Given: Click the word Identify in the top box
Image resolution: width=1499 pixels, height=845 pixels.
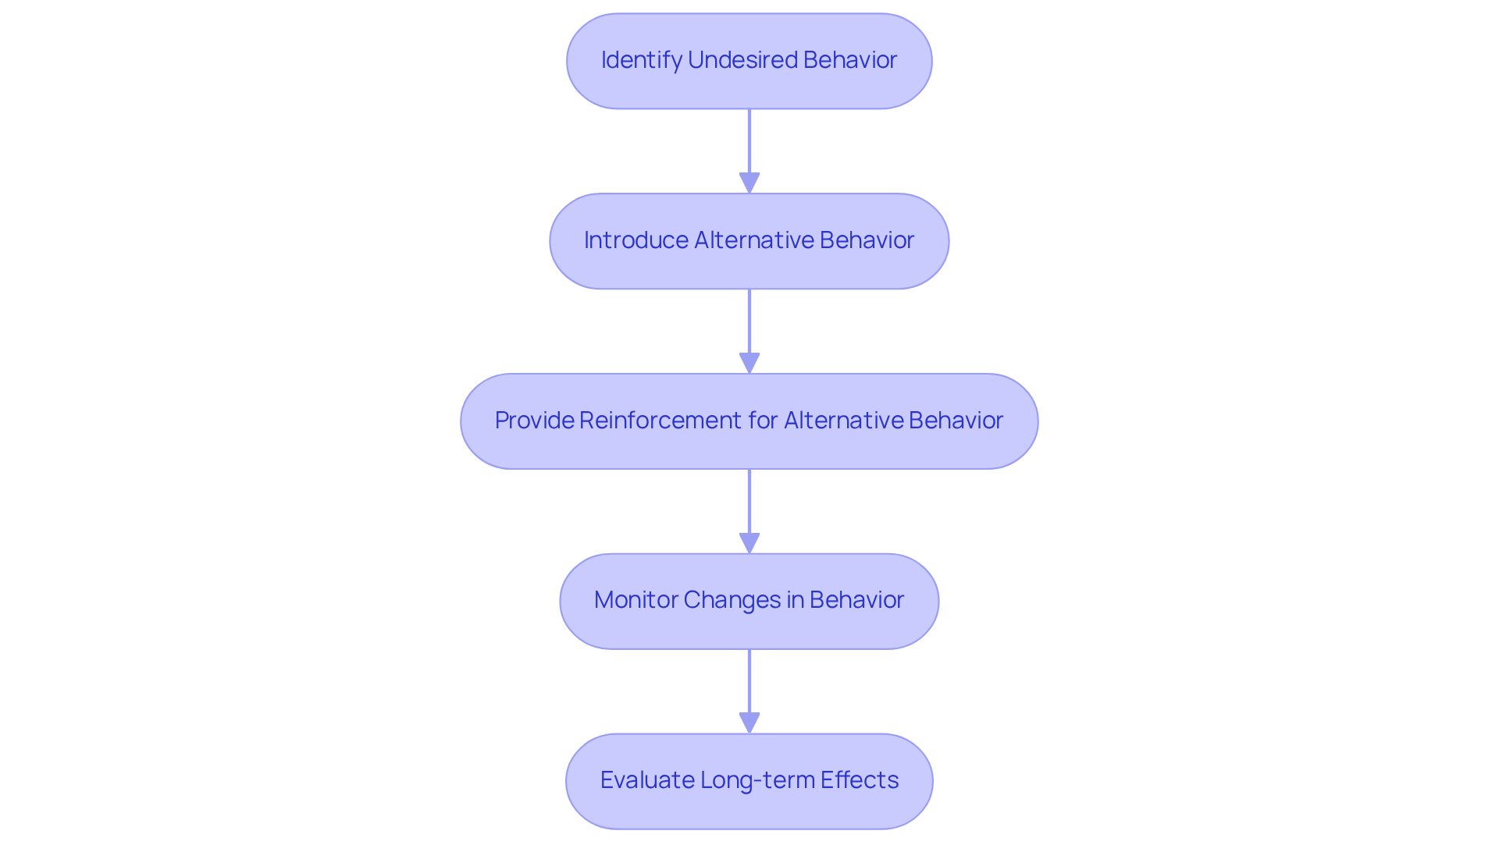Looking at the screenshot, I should tap(641, 60).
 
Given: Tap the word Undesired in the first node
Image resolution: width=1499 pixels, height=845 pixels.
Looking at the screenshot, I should tap(742, 60).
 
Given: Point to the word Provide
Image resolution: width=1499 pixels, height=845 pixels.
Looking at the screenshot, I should tap(534, 421).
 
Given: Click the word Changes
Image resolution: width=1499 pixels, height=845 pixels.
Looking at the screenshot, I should tap(732, 600).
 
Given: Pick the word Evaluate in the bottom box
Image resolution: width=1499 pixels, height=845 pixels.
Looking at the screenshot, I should tap(646, 780).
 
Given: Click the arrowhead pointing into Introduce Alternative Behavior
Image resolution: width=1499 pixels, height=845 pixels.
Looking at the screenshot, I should tap(749, 183).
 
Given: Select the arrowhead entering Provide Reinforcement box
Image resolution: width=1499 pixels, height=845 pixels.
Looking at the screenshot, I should tap(749, 364).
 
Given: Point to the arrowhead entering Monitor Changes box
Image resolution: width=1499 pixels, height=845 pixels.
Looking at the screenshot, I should tap(749, 544).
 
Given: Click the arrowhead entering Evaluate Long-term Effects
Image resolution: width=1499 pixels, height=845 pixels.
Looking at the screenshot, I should tap(749, 723).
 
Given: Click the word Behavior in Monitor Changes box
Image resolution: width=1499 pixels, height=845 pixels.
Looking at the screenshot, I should tap(856, 600).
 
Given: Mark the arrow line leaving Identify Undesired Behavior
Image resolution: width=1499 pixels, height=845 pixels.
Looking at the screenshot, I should tap(749, 140).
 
